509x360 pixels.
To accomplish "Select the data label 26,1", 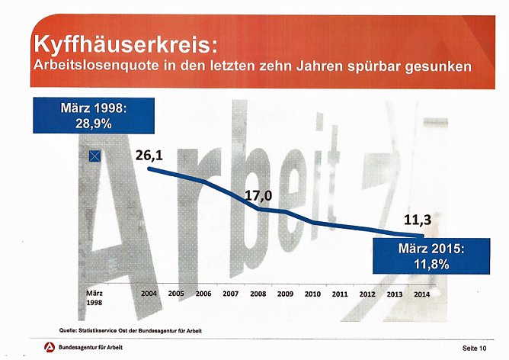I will [x=149, y=155].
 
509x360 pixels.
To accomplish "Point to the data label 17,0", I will [x=258, y=195].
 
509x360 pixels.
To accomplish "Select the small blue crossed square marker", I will [x=94, y=156].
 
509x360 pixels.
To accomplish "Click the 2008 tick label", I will [x=258, y=293].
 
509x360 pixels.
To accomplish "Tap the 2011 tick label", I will [x=340, y=293].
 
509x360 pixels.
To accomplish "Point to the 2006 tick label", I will [x=203, y=293].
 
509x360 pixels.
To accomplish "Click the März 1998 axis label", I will [x=94, y=297].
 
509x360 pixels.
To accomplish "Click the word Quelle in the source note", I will [x=71, y=329].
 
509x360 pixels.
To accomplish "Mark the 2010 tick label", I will [x=313, y=293].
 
